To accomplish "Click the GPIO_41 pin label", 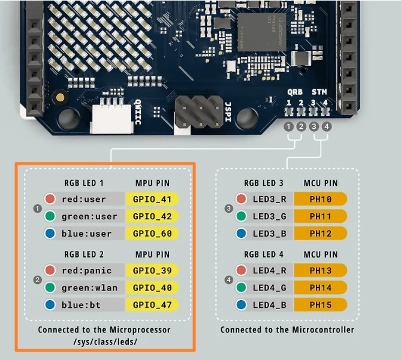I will coord(152,199).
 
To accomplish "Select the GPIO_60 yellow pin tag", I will coord(152,233).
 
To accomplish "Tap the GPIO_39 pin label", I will coord(152,271).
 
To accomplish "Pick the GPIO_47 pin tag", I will coord(152,305).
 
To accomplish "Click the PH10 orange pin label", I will coord(321,199).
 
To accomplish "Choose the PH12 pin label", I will coord(321,233).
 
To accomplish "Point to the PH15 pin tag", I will coord(321,305).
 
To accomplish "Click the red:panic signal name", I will coord(86,271).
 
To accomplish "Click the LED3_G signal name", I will coord(269,216).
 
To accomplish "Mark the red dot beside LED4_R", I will coord(242,271).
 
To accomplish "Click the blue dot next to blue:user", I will coord(50,233).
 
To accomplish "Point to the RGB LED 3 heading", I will coord(264,183).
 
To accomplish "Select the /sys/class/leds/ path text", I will coord(104,341).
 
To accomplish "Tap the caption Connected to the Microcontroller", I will coord(287,329).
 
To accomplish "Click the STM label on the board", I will coord(319,92).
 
